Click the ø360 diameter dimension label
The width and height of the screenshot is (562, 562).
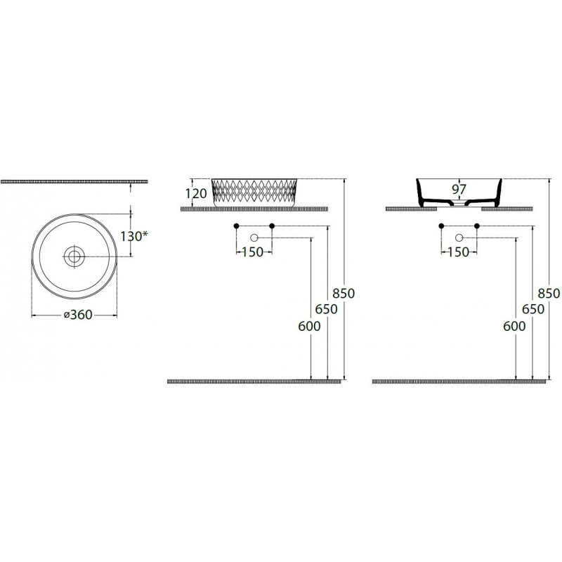[78, 315]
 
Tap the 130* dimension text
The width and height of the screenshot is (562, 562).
[133, 236]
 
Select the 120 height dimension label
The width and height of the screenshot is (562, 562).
[196, 194]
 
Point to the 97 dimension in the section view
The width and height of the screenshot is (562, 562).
[459, 189]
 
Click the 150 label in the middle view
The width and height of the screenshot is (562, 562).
[253, 252]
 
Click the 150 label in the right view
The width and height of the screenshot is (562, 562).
[458, 252]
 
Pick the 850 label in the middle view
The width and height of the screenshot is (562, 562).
[344, 293]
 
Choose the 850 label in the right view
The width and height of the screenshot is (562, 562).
[549, 293]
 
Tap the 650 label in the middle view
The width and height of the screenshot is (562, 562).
[327, 309]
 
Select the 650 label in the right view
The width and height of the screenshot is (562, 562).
[533, 309]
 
